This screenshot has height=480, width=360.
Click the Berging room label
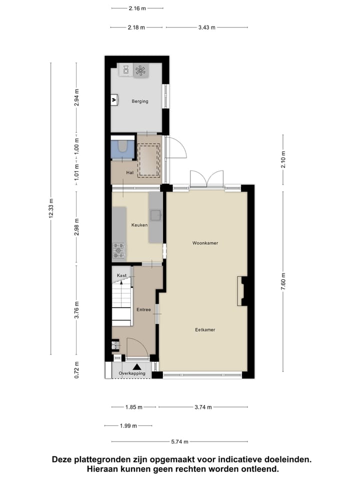pyautogui.click(x=140, y=101)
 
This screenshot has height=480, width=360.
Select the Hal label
pyautogui.click(x=130, y=172)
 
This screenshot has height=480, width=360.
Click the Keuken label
pyautogui.click(x=139, y=225)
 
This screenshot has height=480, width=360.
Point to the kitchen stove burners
pyautogui.click(x=119, y=250)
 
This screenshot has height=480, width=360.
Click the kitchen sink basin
pyautogui.click(x=156, y=215)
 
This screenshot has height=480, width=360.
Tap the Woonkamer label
pyautogui.click(x=205, y=243)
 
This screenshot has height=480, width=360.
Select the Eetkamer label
pyautogui.click(x=205, y=330)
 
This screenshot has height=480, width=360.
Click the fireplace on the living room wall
pyautogui.click(x=241, y=291)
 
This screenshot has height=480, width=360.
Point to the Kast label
pyautogui.click(x=121, y=275)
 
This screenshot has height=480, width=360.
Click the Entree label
pyautogui.click(x=143, y=310)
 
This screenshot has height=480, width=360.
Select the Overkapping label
pyautogui.click(x=132, y=373)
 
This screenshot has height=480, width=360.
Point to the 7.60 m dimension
pyautogui.click(x=283, y=281)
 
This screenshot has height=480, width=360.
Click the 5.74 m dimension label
pyautogui.click(x=179, y=441)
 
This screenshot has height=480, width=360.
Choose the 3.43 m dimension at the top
pyautogui.click(x=206, y=27)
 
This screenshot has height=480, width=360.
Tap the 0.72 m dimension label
pyautogui.click(x=76, y=370)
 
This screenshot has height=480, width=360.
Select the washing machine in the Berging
pyautogui.click(x=140, y=70)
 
